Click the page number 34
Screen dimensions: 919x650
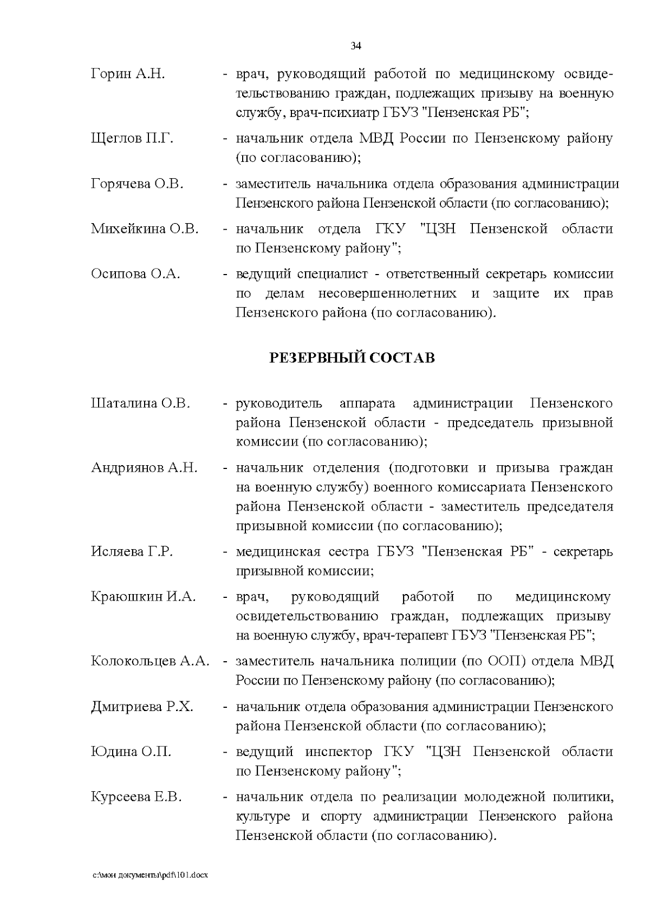(x=356, y=46)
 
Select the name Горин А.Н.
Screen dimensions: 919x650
(x=128, y=74)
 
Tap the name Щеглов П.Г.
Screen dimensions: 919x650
(x=132, y=139)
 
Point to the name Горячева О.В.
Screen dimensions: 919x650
(x=137, y=184)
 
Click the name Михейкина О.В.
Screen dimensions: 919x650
(x=145, y=229)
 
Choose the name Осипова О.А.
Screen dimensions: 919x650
(x=135, y=274)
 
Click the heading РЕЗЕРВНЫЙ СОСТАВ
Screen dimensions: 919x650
(x=352, y=358)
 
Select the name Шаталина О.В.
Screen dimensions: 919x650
(x=140, y=403)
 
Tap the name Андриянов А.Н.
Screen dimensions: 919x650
(x=144, y=468)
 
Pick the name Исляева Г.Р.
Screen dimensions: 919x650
(x=132, y=552)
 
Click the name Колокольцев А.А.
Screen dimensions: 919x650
(x=150, y=661)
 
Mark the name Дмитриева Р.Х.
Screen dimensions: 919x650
(x=142, y=707)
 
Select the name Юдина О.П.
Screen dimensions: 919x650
(x=131, y=752)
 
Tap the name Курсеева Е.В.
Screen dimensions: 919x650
(x=136, y=797)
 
